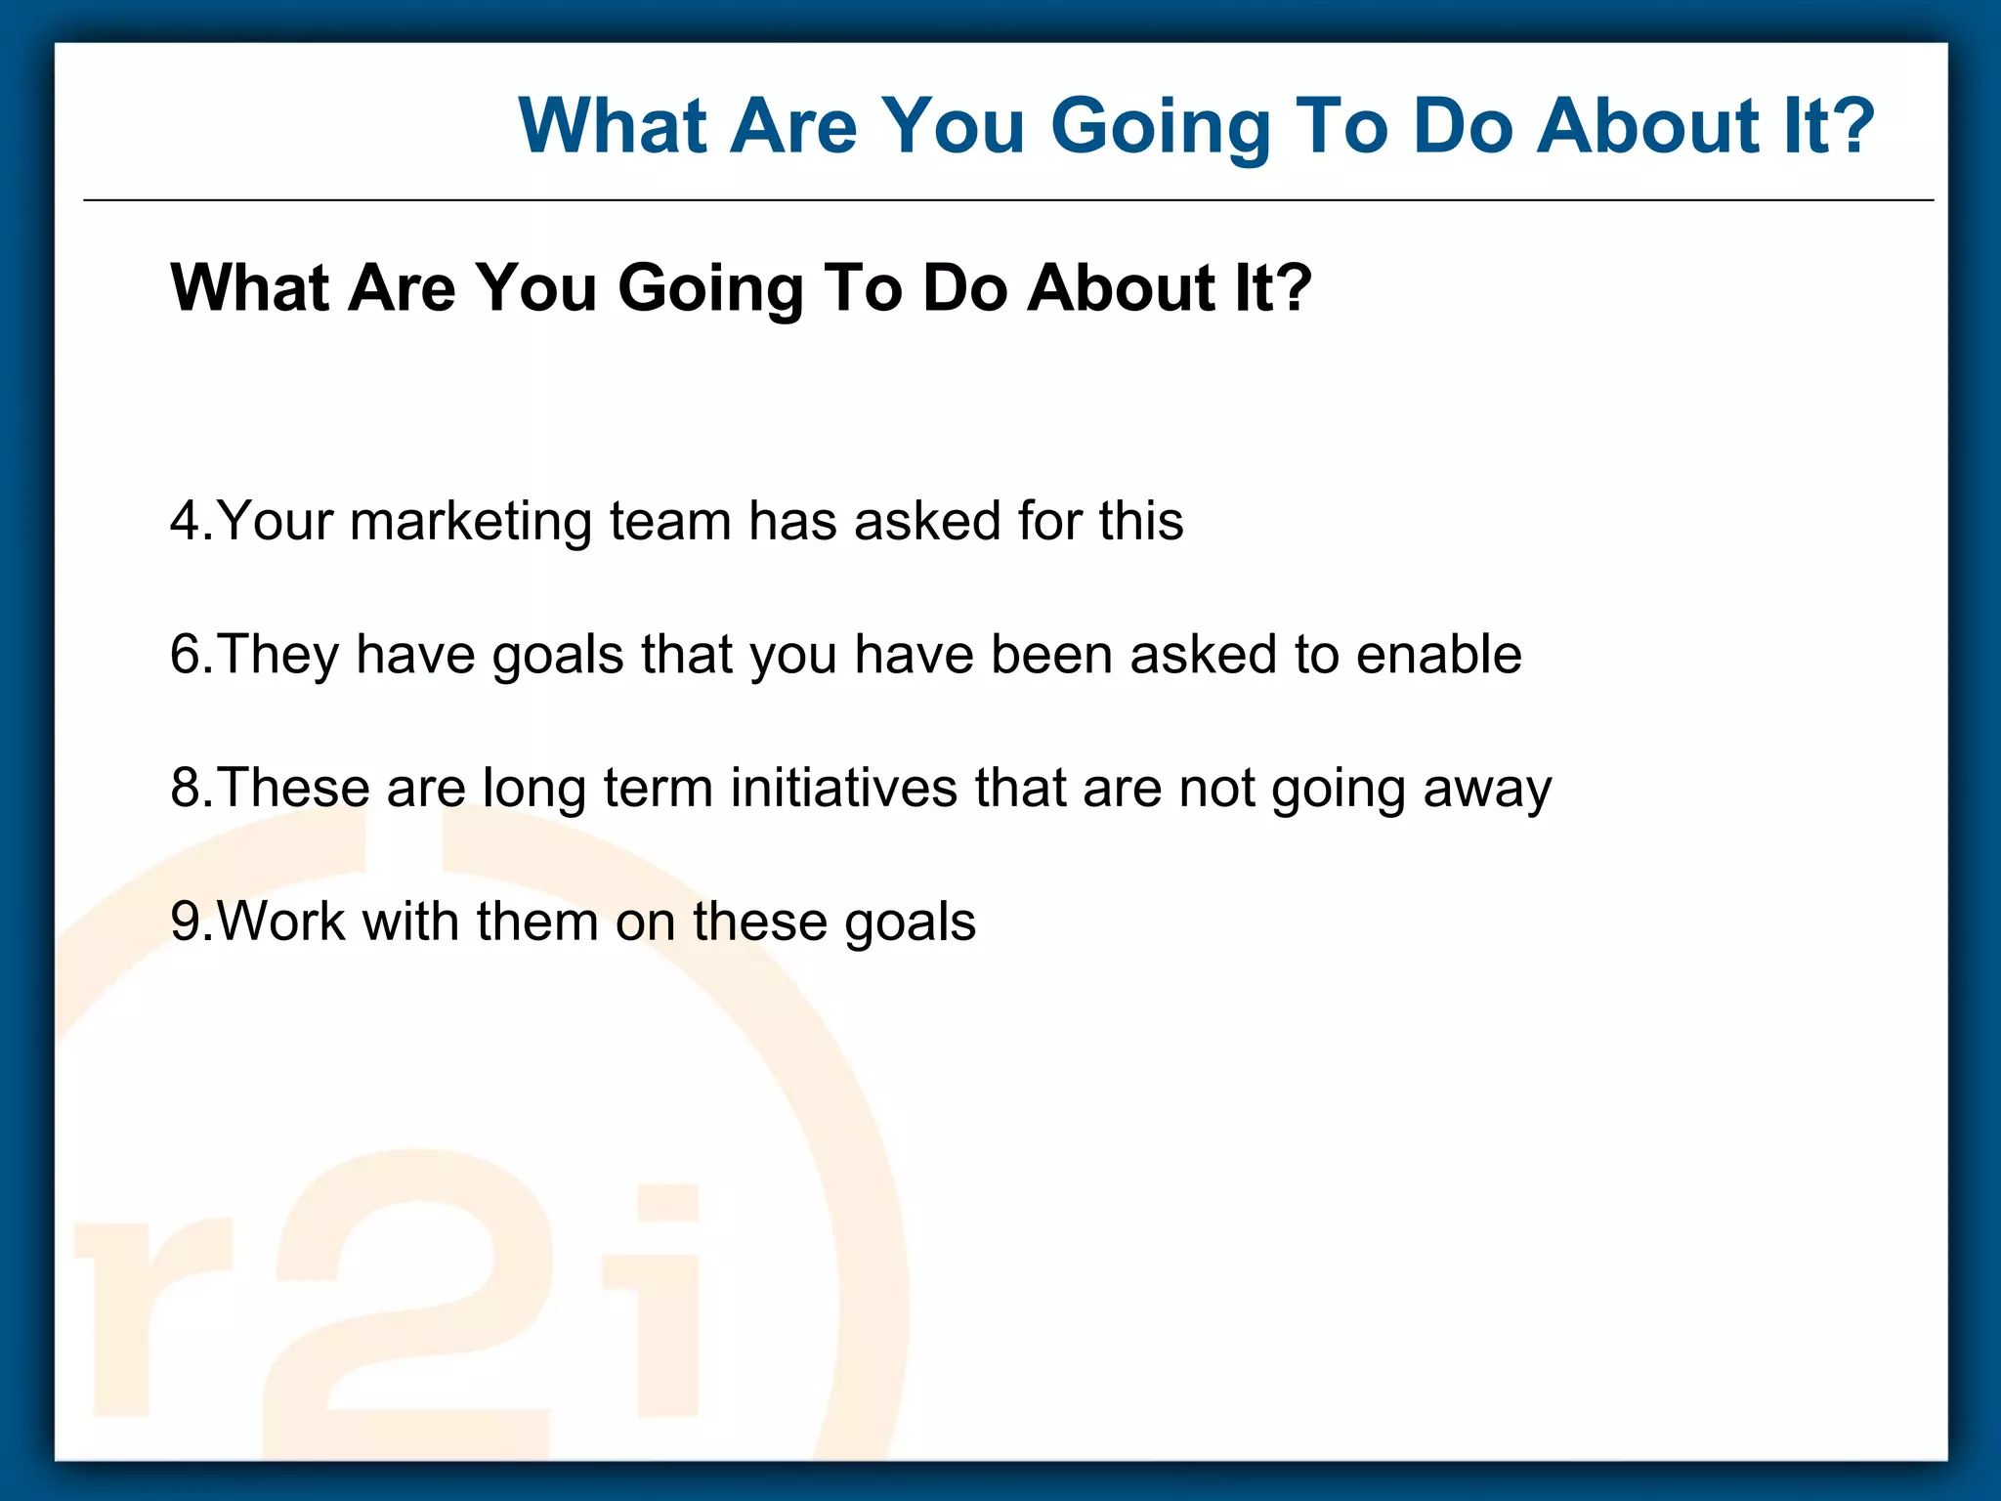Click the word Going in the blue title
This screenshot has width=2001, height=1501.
[x=1160, y=127]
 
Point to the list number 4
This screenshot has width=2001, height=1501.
[x=186, y=520]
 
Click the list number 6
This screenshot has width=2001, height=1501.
[x=186, y=654]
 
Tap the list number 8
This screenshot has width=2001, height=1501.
[x=186, y=788]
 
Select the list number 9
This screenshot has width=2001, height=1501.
[x=186, y=922]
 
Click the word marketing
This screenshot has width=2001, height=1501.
[x=471, y=522]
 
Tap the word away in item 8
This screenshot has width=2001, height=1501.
[x=1486, y=790]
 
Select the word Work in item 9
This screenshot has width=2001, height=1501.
[x=281, y=922]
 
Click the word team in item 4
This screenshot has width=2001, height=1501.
[x=669, y=522]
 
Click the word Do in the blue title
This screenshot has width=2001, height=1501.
[x=1463, y=127]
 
